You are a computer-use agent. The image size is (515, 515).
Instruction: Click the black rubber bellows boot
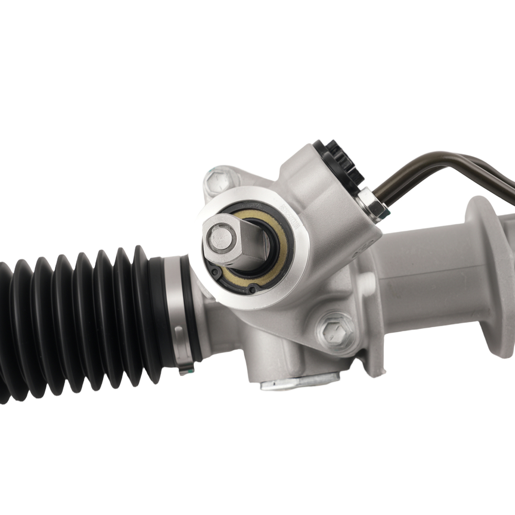(x=77, y=319)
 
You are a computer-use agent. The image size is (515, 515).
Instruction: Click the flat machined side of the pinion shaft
(x=252, y=242)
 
